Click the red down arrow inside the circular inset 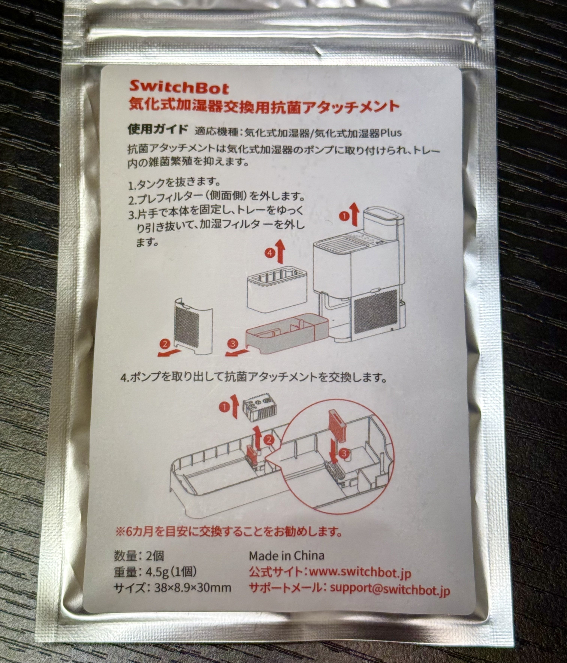334,456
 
